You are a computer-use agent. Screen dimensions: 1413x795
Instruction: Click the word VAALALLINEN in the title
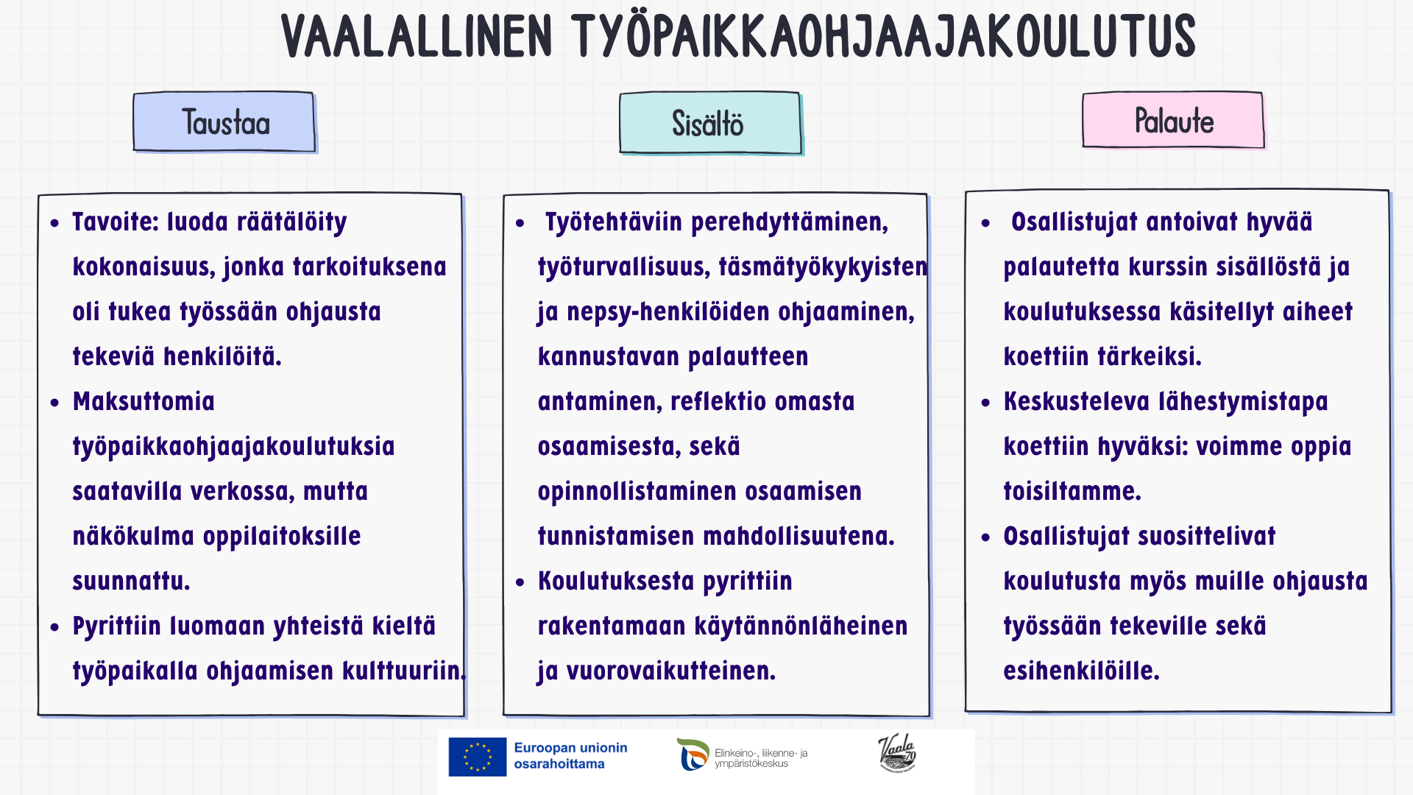pyautogui.click(x=417, y=37)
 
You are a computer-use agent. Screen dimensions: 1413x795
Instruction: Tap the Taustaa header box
pyautogui.click(x=224, y=122)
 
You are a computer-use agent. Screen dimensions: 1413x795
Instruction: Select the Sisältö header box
pyautogui.click(x=711, y=123)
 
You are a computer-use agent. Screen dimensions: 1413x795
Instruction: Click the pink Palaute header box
pyautogui.click(x=1173, y=120)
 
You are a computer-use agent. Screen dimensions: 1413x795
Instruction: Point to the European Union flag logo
pyautogui.click(x=478, y=757)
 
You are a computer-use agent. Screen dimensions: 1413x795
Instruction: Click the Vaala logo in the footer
pyautogui.click(x=897, y=753)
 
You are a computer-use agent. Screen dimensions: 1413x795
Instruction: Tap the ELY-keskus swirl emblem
pyautogui.click(x=693, y=755)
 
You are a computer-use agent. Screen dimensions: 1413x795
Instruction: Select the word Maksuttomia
pyautogui.click(x=144, y=401)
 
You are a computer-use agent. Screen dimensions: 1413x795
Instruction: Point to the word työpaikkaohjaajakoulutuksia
pyautogui.click(x=233, y=447)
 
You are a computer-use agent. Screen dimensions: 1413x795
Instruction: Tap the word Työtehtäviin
pyautogui.click(x=614, y=222)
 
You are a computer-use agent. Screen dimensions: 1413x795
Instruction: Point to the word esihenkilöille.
pyautogui.click(x=1081, y=671)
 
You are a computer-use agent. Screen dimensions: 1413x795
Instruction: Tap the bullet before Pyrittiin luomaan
pyautogui.click(x=54, y=627)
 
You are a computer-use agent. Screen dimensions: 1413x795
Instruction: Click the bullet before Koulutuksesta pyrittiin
pyautogui.click(x=520, y=582)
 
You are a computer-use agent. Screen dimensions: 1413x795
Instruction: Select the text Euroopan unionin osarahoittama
pyautogui.click(x=570, y=756)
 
